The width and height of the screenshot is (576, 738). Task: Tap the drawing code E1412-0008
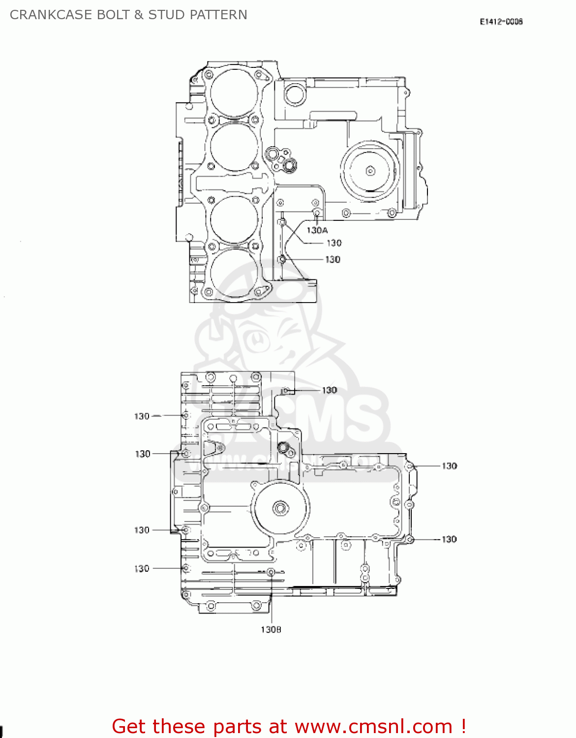pos(501,22)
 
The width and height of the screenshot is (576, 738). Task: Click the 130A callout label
pos(317,230)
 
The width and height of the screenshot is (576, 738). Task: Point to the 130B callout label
pos(271,630)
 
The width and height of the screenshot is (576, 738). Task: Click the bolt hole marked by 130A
pos(317,213)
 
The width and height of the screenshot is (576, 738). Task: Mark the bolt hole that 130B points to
pos(271,572)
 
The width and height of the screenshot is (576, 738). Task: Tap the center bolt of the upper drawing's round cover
pos(370,171)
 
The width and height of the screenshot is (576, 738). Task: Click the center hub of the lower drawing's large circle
pos(280,508)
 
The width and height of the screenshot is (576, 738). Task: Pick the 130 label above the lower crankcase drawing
pos(329,390)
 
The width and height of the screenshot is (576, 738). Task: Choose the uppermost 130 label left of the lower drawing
pos(142,416)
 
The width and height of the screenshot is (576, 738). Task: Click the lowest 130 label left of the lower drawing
pos(142,569)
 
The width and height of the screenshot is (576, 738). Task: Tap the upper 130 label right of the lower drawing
pos(449,466)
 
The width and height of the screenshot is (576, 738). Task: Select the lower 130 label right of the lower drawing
pos(449,539)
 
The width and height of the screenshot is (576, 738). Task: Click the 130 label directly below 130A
pos(334,243)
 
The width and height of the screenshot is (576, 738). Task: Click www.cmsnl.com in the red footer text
pos(373,726)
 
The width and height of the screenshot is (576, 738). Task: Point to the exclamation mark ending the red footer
pos(463,726)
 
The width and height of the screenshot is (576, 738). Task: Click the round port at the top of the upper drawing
pos(294,94)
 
